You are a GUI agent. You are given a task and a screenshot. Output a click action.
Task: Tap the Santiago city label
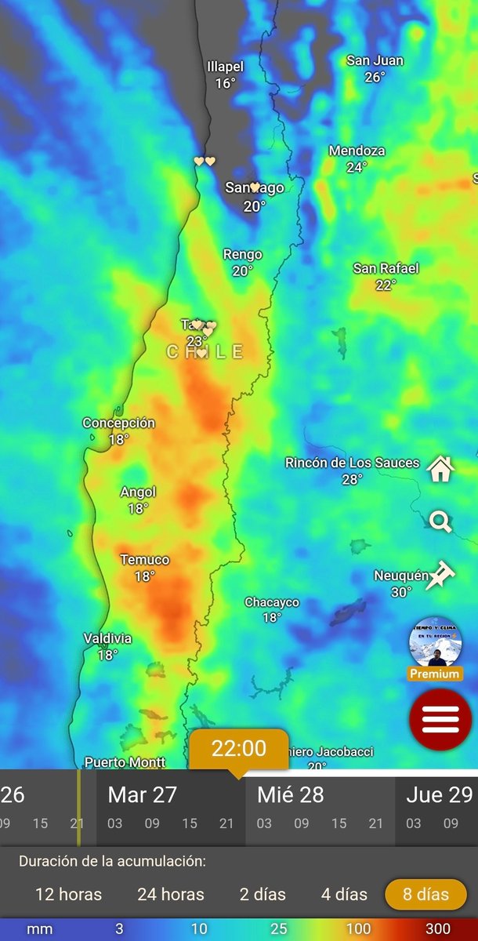(x=254, y=187)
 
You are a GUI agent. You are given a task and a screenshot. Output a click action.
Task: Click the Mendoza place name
(x=357, y=151)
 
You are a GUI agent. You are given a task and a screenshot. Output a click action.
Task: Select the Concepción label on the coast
(x=118, y=423)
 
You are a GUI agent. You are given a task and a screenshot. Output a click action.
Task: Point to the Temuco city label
(x=144, y=560)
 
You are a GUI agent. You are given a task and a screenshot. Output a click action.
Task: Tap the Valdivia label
(x=107, y=639)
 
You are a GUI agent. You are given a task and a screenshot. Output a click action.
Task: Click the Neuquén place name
(x=400, y=576)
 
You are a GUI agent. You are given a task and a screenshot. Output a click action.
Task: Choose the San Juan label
(x=375, y=60)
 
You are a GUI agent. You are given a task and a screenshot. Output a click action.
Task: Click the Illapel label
(x=226, y=67)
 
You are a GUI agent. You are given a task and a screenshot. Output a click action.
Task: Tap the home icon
(x=440, y=469)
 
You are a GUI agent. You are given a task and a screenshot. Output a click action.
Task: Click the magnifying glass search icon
(x=440, y=521)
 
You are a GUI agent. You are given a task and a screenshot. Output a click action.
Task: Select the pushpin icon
(x=440, y=575)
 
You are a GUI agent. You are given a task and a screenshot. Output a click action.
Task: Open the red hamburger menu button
(x=440, y=719)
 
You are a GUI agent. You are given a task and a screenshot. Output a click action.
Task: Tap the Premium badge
(x=435, y=674)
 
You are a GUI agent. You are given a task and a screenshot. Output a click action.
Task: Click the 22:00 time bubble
(x=239, y=748)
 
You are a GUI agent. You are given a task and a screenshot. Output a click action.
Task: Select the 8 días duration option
(x=425, y=894)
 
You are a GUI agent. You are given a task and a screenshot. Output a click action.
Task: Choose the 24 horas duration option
(x=170, y=894)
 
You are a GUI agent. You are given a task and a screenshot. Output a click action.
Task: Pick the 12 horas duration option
(x=69, y=894)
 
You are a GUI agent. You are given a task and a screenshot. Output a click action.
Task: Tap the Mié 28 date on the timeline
(x=290, y=795)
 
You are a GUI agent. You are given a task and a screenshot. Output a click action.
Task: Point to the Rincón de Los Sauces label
(x=352, y=463)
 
